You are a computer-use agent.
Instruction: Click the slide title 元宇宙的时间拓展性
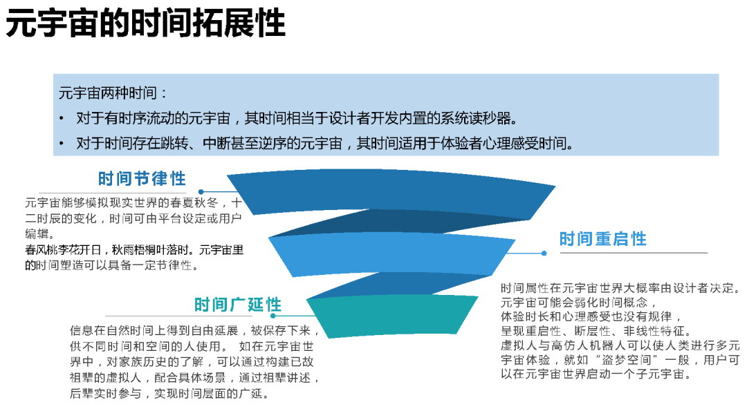pos(145,24)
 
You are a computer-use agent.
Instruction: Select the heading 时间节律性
pos(142,179)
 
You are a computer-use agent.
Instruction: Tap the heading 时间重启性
pos(602,239)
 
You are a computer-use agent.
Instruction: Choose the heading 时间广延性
pos(237,305)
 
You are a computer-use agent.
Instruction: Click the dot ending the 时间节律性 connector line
pos(201,192)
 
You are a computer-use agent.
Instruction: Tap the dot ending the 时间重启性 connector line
pos(544,253)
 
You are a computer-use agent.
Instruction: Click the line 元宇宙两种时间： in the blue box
pos(113,93)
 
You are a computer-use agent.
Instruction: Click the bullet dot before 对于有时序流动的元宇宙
pos(62,118)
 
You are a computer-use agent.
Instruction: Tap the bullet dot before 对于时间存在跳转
pos(62,144)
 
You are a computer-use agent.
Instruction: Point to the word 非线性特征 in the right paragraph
pos(656,331)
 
